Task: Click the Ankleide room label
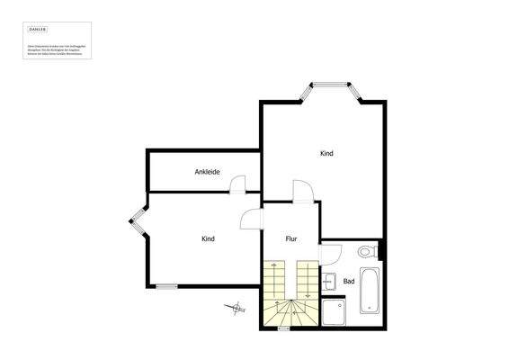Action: point(208,172)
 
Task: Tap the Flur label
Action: point(291,238)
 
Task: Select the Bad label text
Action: point(349,282)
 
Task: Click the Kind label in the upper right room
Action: point(326,153)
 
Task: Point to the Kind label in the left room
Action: point(208,238)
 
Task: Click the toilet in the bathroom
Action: point(367,252)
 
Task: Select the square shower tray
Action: point(335,310)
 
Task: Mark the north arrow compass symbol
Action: point(237,309)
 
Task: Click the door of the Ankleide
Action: point(238,185)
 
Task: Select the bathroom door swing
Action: point(330,254)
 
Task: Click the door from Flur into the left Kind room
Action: point(252,221)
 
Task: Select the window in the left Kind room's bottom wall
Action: point(166,287)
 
